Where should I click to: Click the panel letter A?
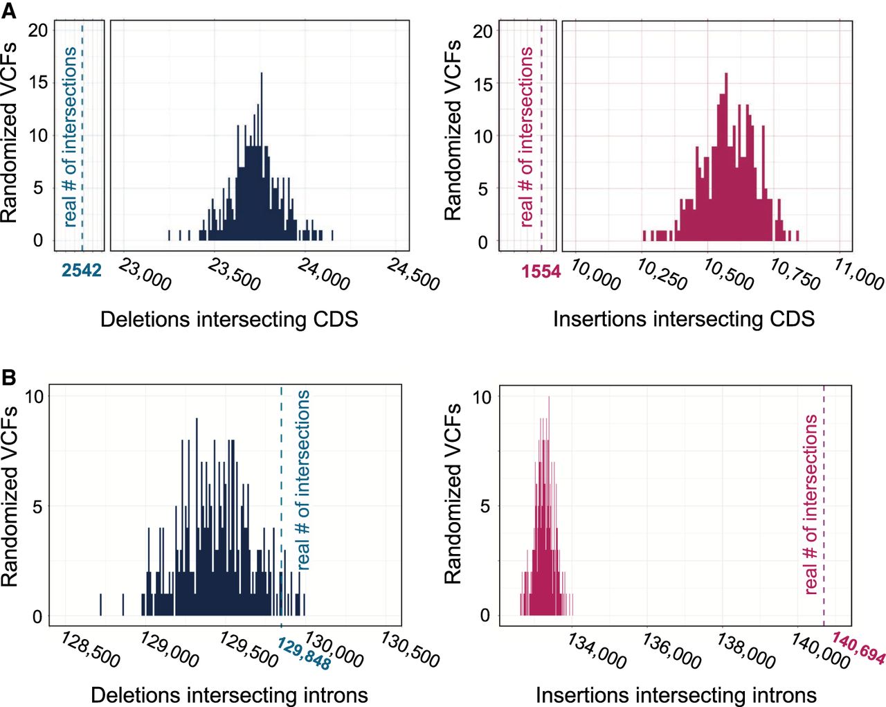[8, 11]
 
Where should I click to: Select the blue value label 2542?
[82, 271]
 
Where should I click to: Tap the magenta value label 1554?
[541, 271]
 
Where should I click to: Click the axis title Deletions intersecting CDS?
[229, 319]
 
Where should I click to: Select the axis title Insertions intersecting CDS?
[684, 319]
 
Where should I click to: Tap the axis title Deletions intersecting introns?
[229, 695]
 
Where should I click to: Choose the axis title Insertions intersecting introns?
[676, 695]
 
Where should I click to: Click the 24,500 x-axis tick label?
[413, 276]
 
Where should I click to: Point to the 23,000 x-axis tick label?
[145, 276]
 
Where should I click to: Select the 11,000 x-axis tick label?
[859, 276]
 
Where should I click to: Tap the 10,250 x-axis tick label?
[662, 276]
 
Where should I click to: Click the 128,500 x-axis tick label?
[90, 650]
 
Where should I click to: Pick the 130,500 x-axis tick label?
[410, 650]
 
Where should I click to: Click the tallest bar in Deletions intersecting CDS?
[262, 156]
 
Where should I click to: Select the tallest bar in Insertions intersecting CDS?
[726, 157]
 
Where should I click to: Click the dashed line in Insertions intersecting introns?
[824, 505]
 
